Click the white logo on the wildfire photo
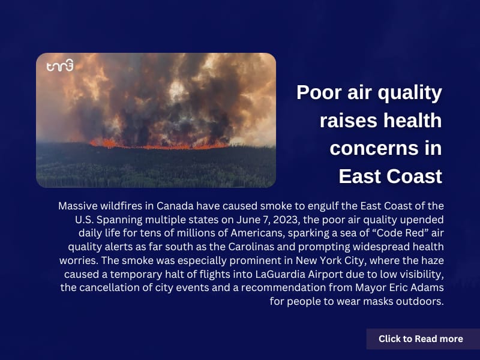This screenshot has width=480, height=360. [x=60, y=65]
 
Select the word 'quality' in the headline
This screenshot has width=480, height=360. [x=410, y=94]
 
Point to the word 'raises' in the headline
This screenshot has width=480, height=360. [x=349, y=121]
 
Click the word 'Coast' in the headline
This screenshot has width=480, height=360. [x=414, y=176]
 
